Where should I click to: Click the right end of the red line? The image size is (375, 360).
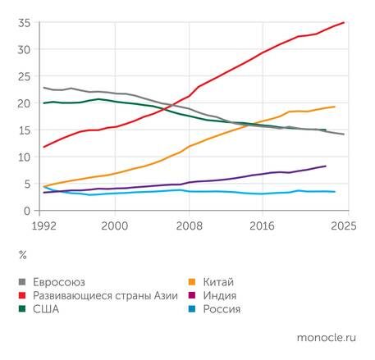click(x=344, y=23)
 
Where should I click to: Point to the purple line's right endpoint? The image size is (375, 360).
click(x=326, y=166)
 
